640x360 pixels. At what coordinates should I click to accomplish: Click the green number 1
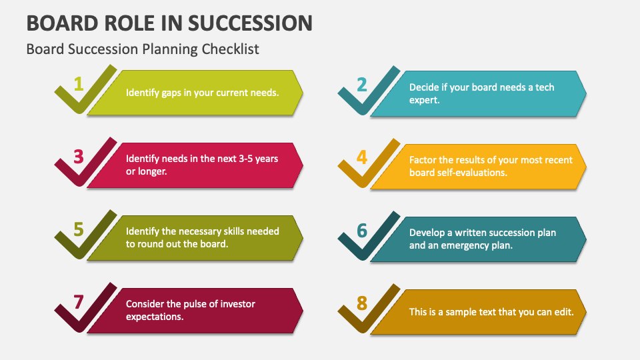pos(79,84)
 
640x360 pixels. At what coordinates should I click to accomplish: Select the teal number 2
pos(362,85)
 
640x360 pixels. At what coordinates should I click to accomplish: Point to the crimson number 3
pos(79,157)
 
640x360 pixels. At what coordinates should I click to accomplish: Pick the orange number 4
pos(362,157)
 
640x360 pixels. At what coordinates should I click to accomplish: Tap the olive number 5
pos(79,230)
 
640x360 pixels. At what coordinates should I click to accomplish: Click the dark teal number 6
pos(362,231)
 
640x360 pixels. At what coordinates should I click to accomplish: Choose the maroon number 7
pos(79,302)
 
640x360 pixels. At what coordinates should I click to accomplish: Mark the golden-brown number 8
pos(362,303)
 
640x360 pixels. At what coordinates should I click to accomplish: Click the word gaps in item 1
pos(173,93)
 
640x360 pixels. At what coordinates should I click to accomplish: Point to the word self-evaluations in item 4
pos(473,172)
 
